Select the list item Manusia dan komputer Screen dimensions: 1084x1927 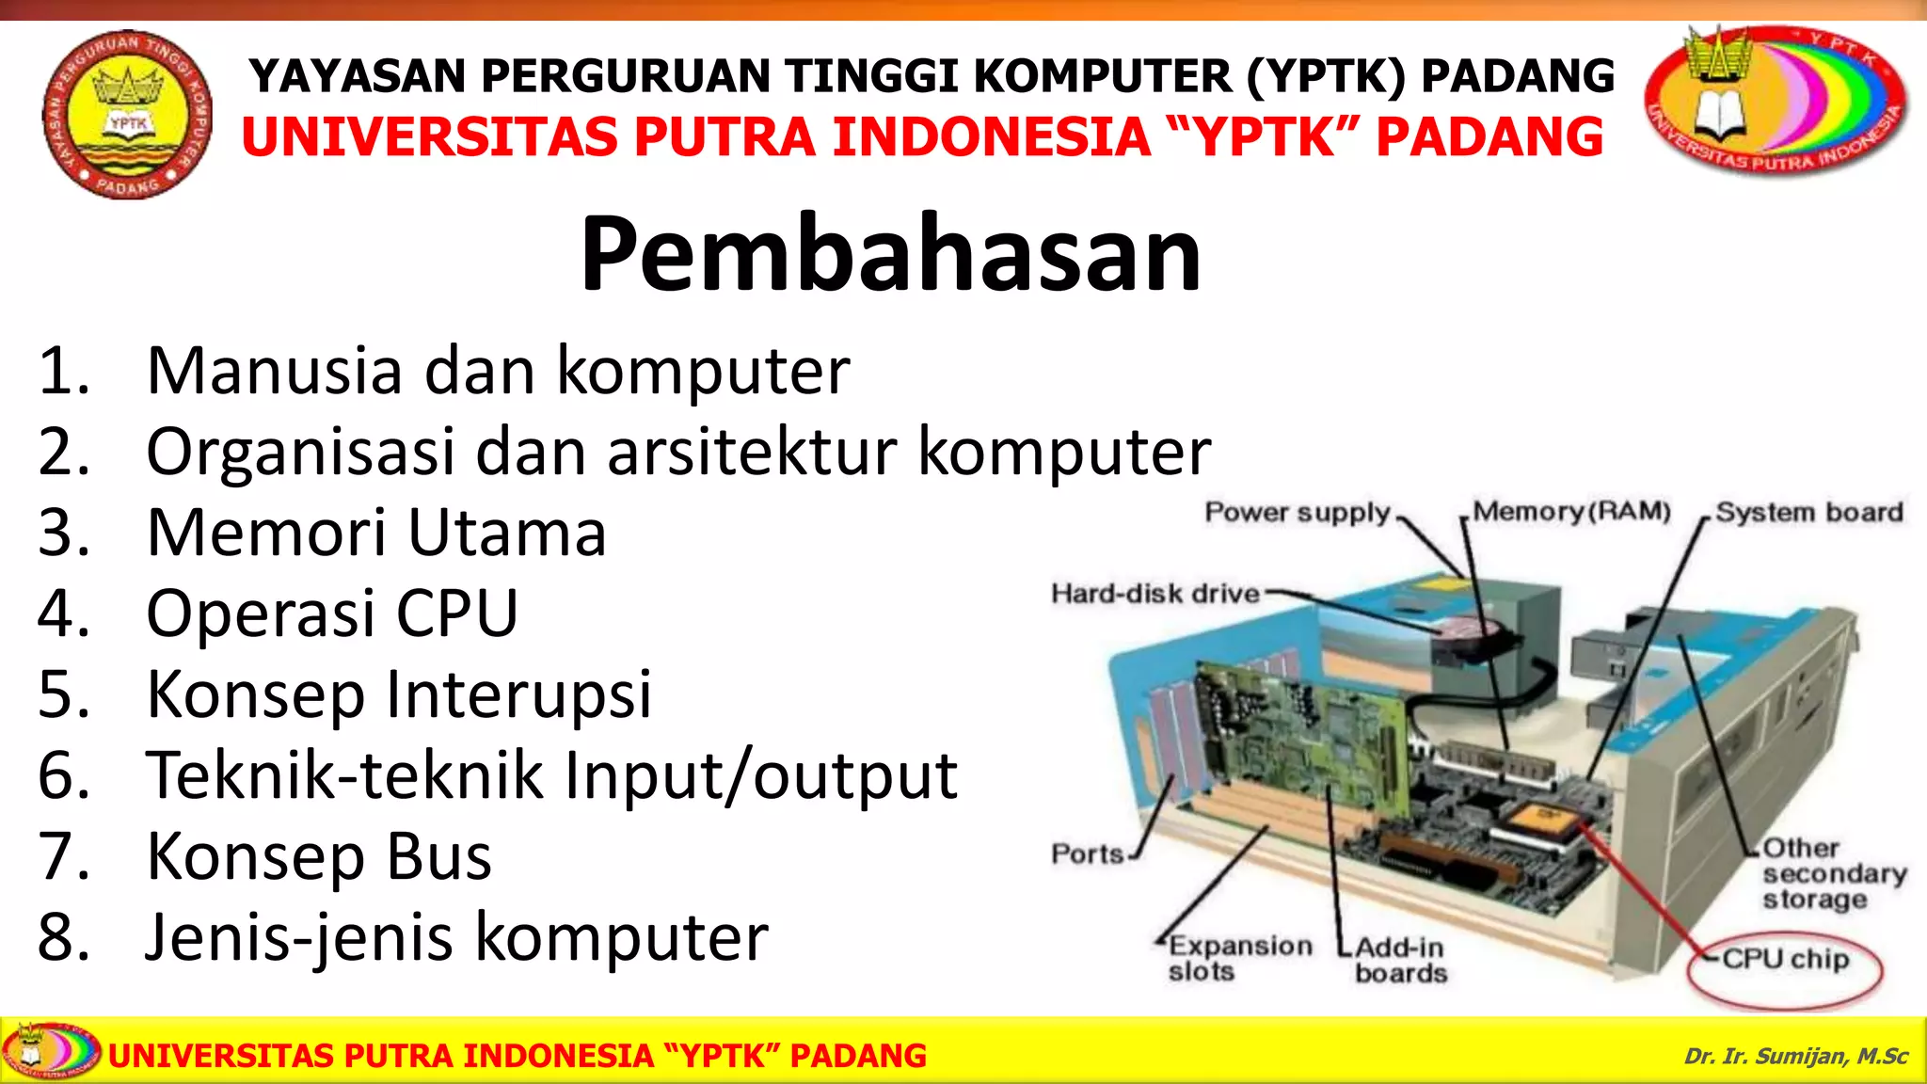pos(498,371)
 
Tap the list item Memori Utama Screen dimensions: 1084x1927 pos(376,533)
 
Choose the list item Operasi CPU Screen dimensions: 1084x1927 pos(332,614)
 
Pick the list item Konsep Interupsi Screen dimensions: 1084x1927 pos(399,694)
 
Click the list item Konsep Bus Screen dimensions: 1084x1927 pos(319,856)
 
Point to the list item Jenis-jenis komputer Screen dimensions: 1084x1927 pos(456,937)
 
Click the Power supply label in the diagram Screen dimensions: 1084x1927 pos(1297,513)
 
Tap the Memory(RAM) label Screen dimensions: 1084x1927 pos(1571,512)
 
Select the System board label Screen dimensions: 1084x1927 pos(1808,513)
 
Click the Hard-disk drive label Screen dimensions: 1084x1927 pos(1155,594)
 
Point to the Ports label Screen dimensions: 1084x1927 pos(1088,854)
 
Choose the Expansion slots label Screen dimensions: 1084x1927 pos(1239,958)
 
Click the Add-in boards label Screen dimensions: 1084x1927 pos(1400,960)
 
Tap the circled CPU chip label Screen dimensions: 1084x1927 pos(1785,960)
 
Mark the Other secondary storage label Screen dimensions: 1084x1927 pos(1833,873)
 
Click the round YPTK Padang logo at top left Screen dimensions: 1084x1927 pos(128,114)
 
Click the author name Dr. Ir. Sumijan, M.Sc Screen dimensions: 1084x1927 pos(1795,1056)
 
